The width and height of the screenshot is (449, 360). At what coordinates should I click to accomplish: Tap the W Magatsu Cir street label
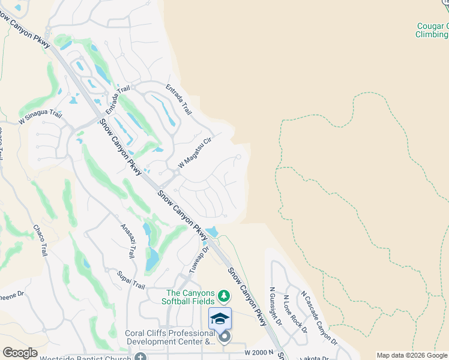[196, 153]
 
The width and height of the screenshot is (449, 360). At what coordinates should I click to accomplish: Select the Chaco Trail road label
[40, 241]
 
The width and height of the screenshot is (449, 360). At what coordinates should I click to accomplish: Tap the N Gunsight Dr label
[276, 306]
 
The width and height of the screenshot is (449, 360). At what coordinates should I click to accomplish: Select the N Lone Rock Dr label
[295, 314]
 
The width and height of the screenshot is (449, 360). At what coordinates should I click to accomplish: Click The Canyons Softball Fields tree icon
[224, 296]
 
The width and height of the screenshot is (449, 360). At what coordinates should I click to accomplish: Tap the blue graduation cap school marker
[220, 318]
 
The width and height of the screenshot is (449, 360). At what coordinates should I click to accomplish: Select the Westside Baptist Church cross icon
[140, 357]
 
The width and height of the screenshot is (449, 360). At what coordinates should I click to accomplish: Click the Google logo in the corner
[20, 353]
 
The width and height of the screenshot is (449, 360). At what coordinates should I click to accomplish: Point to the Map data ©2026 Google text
[412, 355]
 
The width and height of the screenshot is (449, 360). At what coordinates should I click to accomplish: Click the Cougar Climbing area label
[432, 30]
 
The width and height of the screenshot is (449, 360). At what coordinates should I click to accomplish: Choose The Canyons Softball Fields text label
[191, 297]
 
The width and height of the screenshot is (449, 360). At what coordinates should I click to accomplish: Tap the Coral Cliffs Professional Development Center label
[170, 338]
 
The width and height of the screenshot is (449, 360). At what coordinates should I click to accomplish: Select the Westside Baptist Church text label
[86, 358]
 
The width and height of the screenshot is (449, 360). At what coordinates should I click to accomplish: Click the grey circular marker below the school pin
[224, 337]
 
